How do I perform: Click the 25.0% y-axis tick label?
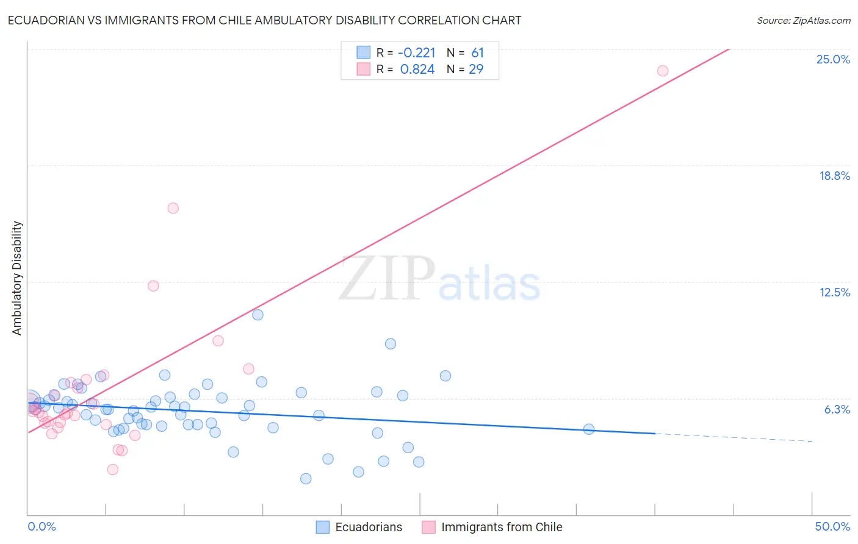[x=833, y=59]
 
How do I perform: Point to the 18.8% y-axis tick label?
[x=834, y=176]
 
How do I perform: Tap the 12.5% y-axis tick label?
[x=834, y=292]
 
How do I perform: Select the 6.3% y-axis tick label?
[x=837, y=409]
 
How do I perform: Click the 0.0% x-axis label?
[x=41, y=526]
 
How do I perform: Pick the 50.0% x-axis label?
[x=832, y=526]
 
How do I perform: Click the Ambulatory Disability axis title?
[x=17, y=278]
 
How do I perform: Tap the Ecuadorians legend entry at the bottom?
[x=369, y=527]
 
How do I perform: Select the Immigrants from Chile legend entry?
[x=502, y=527]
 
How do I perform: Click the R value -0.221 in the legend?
[x=417, y=53]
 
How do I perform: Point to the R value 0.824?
[x=417, y=70]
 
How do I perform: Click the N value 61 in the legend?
[x=477, y=53]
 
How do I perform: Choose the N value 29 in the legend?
[x=476, y=70]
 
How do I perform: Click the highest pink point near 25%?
[x=663, y=71]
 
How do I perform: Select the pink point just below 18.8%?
[x=173, y=208]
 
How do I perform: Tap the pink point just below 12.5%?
[x=153, y=286]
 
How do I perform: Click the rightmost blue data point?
[x=589, y=429]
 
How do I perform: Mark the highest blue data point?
[x=258, y=315]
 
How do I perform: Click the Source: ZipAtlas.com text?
[x=803, y=21]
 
